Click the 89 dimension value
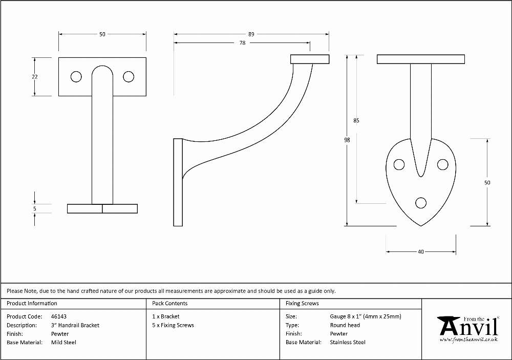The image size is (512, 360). tap(251, 34)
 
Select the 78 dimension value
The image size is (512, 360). tap(242, 43)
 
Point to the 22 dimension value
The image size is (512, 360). tap(35, 77)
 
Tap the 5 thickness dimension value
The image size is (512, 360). tap(35, 209)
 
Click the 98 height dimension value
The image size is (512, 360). tap(347, 140)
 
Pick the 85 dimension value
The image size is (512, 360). tap(356, 120)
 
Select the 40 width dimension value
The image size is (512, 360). tap(421, 252)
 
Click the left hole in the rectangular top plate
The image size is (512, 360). tap(76, 77)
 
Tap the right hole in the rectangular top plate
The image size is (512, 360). tap(129, 77)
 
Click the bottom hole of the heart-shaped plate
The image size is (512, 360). tap(421, 203)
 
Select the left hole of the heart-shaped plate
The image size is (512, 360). tap(399, 164)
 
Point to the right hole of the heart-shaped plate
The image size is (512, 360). tap(443, 164)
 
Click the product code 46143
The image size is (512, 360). tap(59, 316)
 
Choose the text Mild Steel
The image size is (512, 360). tap(63, 343)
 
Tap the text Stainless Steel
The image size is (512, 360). tap(348, 343)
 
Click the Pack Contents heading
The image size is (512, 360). tap(170, 304)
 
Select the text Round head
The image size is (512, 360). tap(345, 325)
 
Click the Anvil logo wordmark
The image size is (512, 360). tap(468, 327)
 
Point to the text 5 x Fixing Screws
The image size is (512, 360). tap(173, 325)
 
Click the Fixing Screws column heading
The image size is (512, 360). tap(303, 304)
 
